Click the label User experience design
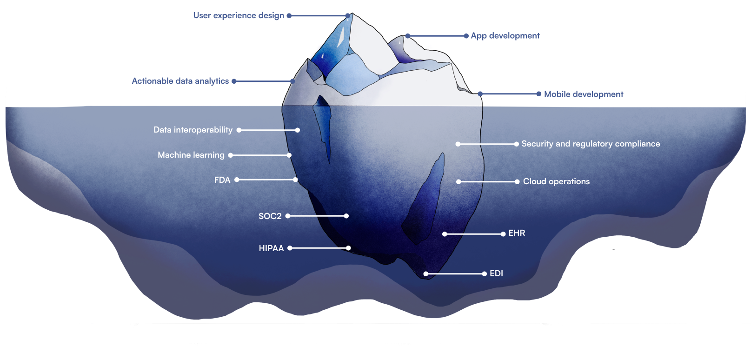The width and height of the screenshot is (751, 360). click(x=239, y=15)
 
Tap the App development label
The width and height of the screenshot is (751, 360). click(x=505, y=36)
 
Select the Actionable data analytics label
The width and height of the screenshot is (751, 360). click(x=180, y=81)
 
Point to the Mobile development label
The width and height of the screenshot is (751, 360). click(x=584, y=94)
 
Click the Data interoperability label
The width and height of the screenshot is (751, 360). click(x=193, y=130)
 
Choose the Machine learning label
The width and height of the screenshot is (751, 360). click(x=191, y=155)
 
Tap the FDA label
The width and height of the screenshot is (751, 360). click(x=222, y=180)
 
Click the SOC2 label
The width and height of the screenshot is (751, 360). click(x=270, y=216)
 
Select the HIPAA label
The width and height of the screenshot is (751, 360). click(x=271, y=248)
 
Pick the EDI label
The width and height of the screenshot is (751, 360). click(x=496, y=273)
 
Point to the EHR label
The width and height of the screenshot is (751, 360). click(x=517, y=233)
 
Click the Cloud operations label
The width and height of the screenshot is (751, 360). click(x=556, y=181)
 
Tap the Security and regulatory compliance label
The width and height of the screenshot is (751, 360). click(x=591, y=144)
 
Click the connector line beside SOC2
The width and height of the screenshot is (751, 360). click(x=317, y=216)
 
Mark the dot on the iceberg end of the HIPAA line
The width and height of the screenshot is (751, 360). click(x=348, y=248)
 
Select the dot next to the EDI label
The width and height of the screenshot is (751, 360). click(x=485, y=273)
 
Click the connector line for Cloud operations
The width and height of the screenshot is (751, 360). click(x=488, y=181)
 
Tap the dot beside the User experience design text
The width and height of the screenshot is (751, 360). click(x=289, y=15)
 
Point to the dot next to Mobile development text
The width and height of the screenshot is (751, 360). click(x=539, y=94)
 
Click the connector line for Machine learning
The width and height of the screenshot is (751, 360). click(x=260, y=155)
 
